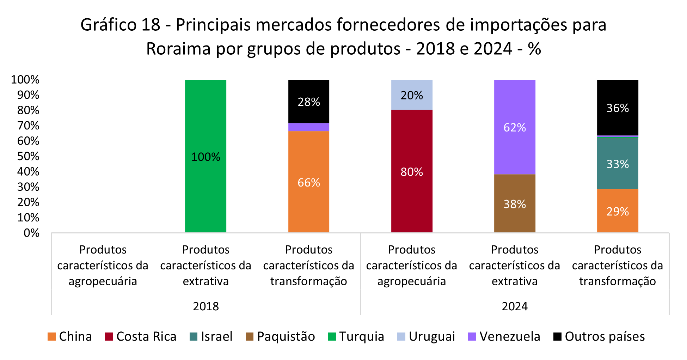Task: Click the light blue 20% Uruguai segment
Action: tap(411, 94)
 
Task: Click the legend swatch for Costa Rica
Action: tap(109, 337)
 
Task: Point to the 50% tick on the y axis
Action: tap(28, 156)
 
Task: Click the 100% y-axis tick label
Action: tap(25, 80)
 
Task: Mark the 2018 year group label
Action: tap(206, 306)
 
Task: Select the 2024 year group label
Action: tap(515, 306)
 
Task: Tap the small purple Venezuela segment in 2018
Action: tap(308, 127)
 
